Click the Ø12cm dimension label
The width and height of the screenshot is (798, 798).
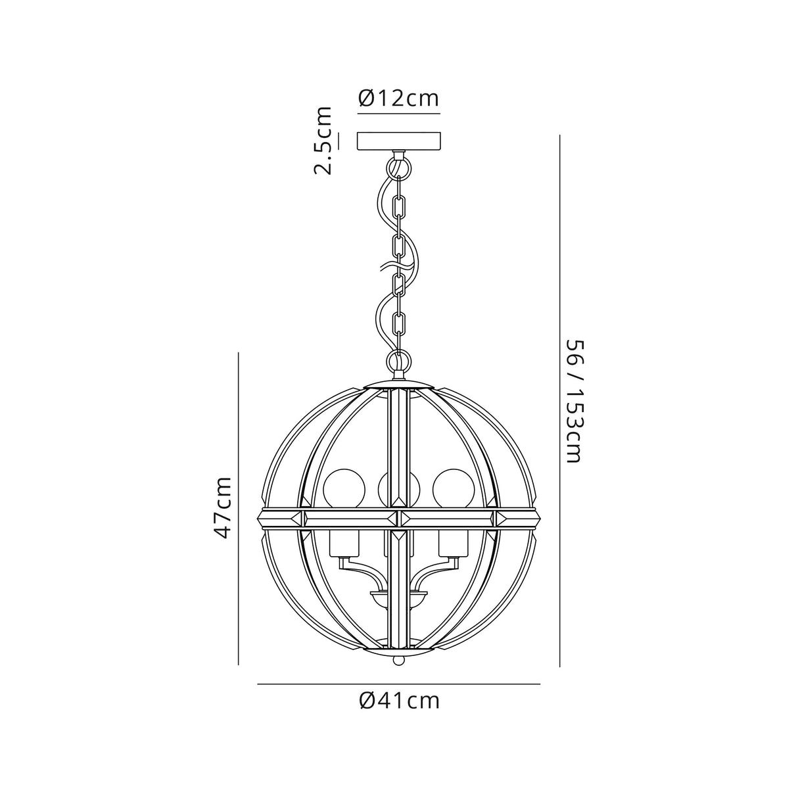(398, 99)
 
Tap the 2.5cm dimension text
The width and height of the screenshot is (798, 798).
(322, 141)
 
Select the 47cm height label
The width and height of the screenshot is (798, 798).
(223, 508)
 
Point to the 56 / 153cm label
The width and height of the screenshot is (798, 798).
(573, 401)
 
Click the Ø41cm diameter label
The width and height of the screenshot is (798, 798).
(399, 701)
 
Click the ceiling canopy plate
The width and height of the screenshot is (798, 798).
(398, 141)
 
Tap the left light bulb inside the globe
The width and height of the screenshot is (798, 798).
(344, 487)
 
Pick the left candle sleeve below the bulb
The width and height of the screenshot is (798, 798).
(344, 542)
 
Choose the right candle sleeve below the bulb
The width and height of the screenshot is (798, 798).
(452, 542)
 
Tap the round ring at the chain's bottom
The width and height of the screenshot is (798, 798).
(398, 361)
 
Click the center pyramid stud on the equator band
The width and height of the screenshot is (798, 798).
(398, 518)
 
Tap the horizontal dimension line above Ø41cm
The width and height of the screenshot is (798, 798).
(398, 684)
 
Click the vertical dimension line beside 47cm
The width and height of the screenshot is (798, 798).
(238, 507)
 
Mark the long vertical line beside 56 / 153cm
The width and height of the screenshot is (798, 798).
(559, 401)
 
